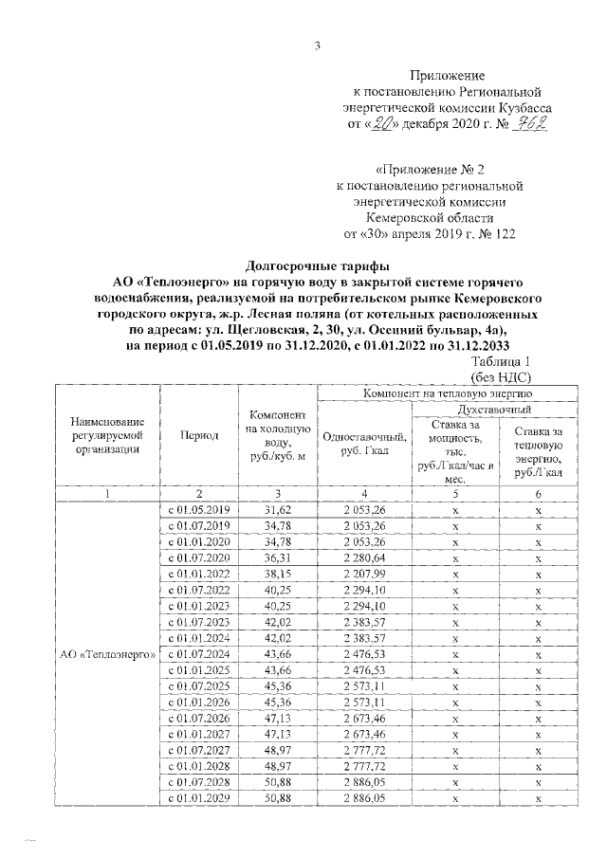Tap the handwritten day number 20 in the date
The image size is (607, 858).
pos(383,123)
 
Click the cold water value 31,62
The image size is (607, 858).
pos(277,509)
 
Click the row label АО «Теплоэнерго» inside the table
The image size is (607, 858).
pos(107,655)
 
